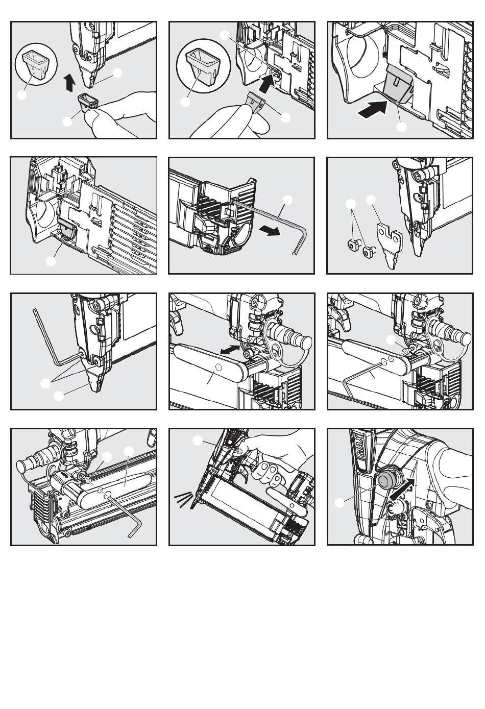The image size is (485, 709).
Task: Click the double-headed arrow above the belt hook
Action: tap(230, 349)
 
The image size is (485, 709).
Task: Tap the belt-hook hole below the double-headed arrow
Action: tap(218, 367)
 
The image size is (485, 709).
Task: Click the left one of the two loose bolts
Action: tap(352, 244)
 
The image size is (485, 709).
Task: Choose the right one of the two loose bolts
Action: tap(369, 252)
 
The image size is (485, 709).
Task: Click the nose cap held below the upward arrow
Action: tap(89, 101)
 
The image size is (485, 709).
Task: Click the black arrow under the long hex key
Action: tap(270, 231)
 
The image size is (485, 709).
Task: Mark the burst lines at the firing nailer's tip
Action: tap(183, 500)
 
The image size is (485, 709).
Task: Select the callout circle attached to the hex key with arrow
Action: tap(287, 200)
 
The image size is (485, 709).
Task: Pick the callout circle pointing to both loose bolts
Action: tap(350, 204)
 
